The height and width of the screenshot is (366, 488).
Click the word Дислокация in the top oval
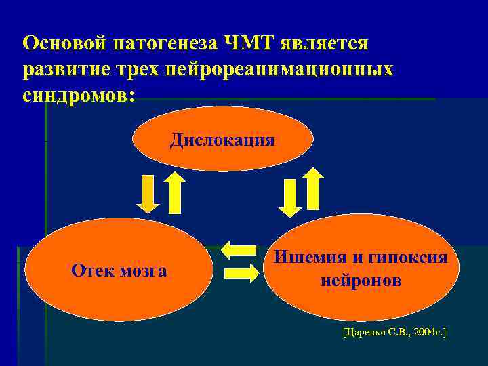coord(222,140)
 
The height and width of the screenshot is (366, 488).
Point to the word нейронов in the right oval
coord(361,280)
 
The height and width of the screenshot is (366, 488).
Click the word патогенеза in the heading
coord(163,43)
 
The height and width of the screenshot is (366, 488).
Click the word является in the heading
coord(327,43)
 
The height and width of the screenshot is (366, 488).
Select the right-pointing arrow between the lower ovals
coord(241,272)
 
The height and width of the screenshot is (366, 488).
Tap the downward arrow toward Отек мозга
coord(148,193)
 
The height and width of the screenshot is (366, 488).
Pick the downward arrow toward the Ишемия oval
coord(290,197)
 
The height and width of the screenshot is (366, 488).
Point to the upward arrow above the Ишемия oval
coord(313,188)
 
